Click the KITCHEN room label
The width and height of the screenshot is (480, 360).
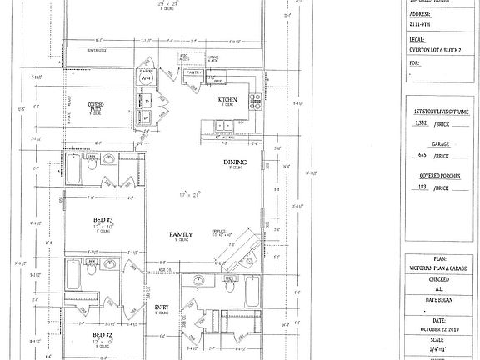pyautogui.click(x=228, y=99)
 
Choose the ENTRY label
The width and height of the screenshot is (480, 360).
pyautogui.click(x=162, y=307)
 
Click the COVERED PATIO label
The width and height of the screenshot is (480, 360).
pyautogui.click(x=102, y=106)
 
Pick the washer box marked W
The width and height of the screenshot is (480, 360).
pyautogui.click(x=146, y=117)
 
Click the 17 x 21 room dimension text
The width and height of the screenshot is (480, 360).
pyautogui.click(x=192, y=194)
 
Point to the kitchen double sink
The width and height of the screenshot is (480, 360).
pyautogui.click(x=223, y=125)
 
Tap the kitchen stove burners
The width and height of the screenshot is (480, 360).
pyautogui.click(x=255, y=98)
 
